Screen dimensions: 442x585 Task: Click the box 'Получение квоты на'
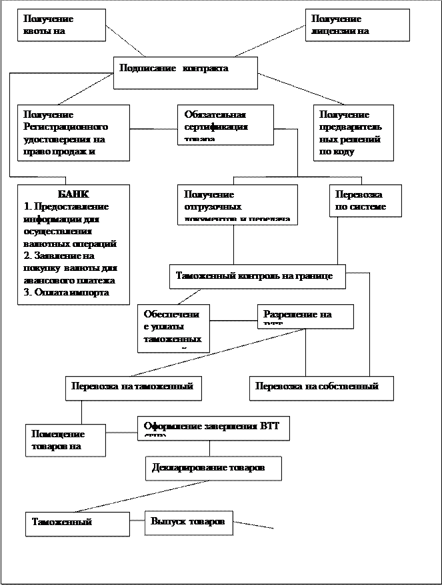click(61, 25)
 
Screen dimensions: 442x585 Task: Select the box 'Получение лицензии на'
click(357, 25)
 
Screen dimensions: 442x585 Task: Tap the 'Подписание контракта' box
click(185, 73)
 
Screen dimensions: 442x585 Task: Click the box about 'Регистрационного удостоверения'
click(73, 132)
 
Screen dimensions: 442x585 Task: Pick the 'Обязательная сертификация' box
click(225, 124)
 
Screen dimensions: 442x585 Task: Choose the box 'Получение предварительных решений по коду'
click(350, 133)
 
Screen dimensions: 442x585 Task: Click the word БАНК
click(73, 194)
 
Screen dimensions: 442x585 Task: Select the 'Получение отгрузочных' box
click(237, 204)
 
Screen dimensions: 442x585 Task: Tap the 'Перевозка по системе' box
click(365, 201)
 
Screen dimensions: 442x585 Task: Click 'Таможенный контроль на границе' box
click(257, 276)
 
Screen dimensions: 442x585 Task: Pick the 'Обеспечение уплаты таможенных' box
click(173, 328)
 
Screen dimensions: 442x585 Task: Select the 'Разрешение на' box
click(305, 316)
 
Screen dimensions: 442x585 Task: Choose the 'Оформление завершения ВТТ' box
click(213, 429)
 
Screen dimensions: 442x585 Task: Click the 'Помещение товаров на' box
click(65, 440)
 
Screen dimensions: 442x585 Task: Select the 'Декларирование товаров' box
click(213, 468)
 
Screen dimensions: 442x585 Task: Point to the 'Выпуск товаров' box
click(189, 522)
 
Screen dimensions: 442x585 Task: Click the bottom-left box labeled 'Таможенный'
click(77, 524)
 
